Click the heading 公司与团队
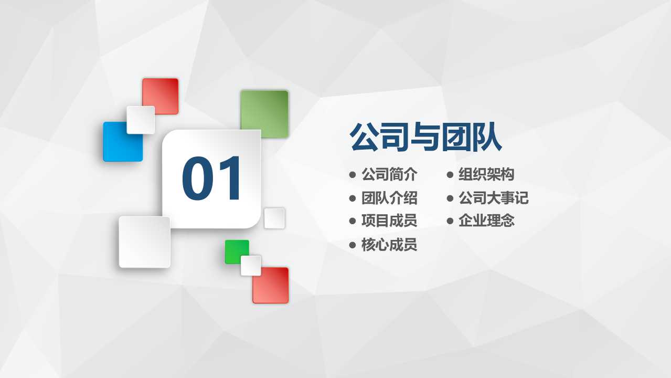click(425, 138)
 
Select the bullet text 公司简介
click(389, 174)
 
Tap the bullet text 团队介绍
click(389, 198)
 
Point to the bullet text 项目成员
click(389, 220)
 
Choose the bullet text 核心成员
click(389, 245)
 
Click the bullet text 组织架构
click(486, 174)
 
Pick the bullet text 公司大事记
click(494, 198)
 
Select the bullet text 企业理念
click(486, 220)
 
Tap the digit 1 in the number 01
click(230, 179)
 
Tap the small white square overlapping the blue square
click(141, 120)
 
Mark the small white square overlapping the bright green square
click(251, 265)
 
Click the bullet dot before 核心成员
click(353, 245)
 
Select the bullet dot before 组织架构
click(450, 174)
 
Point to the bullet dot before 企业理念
click(450, 221)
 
